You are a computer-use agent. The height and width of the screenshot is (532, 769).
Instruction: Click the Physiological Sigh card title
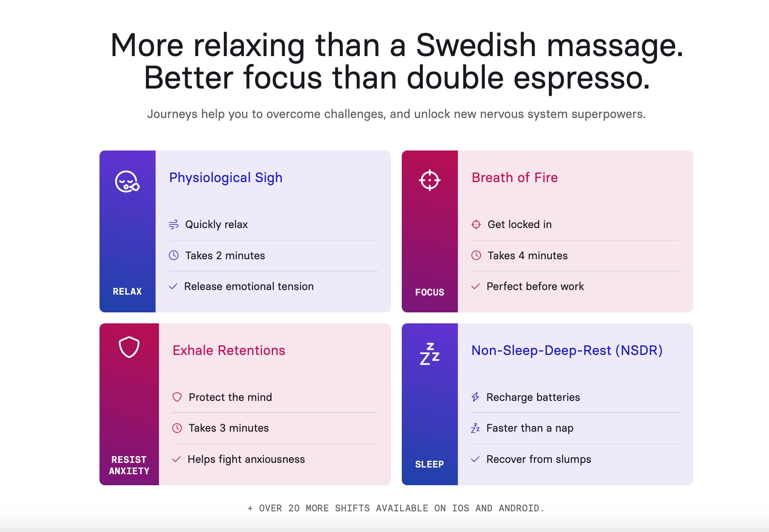(x=226, y=178)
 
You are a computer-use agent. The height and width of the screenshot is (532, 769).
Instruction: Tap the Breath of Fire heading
(x=514, y=177)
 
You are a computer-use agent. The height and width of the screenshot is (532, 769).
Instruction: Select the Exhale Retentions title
(x=229, y=350)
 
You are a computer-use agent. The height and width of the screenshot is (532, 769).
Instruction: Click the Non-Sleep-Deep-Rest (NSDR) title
(x=567, y=350)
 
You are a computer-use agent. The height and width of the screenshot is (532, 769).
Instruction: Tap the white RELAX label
(x=127, y=291)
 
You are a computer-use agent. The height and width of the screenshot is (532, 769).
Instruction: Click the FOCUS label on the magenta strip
(x=430, y=292)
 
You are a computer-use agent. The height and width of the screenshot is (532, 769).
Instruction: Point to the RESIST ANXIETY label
(x=129, y=465)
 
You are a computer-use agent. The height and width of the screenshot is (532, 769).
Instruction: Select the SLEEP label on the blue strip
(x=430, y=464)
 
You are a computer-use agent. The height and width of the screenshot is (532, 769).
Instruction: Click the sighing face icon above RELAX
(x=127, y=182)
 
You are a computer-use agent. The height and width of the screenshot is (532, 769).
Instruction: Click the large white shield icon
(x=129, y=347)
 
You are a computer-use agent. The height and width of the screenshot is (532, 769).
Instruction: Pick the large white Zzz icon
(x=430, y=354)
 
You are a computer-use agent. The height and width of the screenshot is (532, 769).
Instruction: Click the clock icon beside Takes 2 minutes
(x=174, y=255)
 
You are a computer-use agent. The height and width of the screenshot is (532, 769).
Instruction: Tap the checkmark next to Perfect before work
(x=476, y=287)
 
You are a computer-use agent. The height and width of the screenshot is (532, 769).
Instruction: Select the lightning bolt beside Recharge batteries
(x=475, y=397)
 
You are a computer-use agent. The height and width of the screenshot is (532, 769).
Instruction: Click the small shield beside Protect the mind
(x=177, y=397)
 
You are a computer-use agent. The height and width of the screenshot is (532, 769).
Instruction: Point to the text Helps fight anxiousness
(x=246, y=459)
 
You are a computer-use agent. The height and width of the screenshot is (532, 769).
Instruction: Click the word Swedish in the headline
(x=476, y=45)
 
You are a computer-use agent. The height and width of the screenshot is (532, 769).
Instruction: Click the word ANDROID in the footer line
(x=522, y=508)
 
